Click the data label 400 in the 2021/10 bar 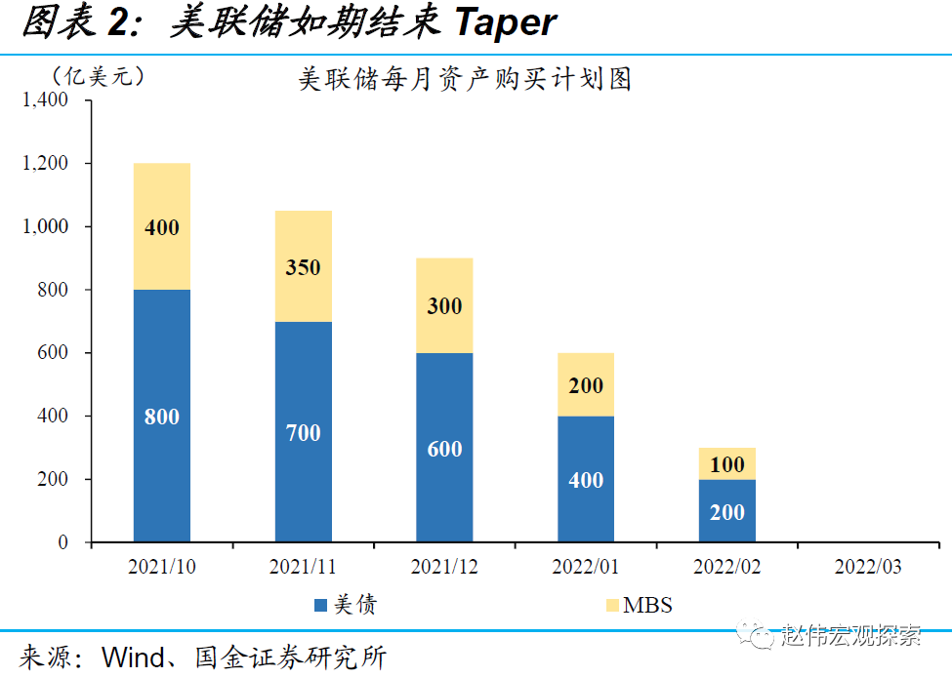[x=162, y=227]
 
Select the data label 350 [x=303, y=267]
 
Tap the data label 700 [x=303, y=432]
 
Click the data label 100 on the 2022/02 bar [x=727, y=464]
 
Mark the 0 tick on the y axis [x=62, y=542]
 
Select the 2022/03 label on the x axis [x=869, y=567]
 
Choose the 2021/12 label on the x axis [x=444, y=567]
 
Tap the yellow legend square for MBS [x=612, y=606]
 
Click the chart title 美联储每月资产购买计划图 [x=465, y=79]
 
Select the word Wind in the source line [x=127, y=657]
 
